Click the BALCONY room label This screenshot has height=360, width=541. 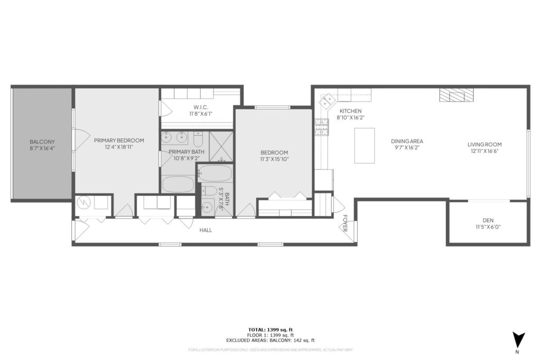tap(42, 142)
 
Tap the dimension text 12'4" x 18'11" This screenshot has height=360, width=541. tap(119, 147)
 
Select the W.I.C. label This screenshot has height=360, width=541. tap(198, 106)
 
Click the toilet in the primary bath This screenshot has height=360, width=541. tap(198, 140)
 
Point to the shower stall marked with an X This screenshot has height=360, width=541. tap(221, 146)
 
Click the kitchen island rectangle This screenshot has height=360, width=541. tap(364, 145)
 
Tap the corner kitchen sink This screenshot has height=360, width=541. tap(328, 99)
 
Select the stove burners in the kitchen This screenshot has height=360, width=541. tap(321, 127)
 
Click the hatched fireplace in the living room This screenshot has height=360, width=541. tap(456, 95)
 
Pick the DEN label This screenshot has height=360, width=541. tap(488, 221)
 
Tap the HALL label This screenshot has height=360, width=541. tap(206, 230)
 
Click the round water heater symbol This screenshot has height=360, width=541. tap(83, 203)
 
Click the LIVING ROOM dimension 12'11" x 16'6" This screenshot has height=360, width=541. tap(484, 151)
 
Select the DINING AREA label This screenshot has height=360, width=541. tap(407, 141)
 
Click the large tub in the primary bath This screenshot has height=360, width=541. tap(178, 184)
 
